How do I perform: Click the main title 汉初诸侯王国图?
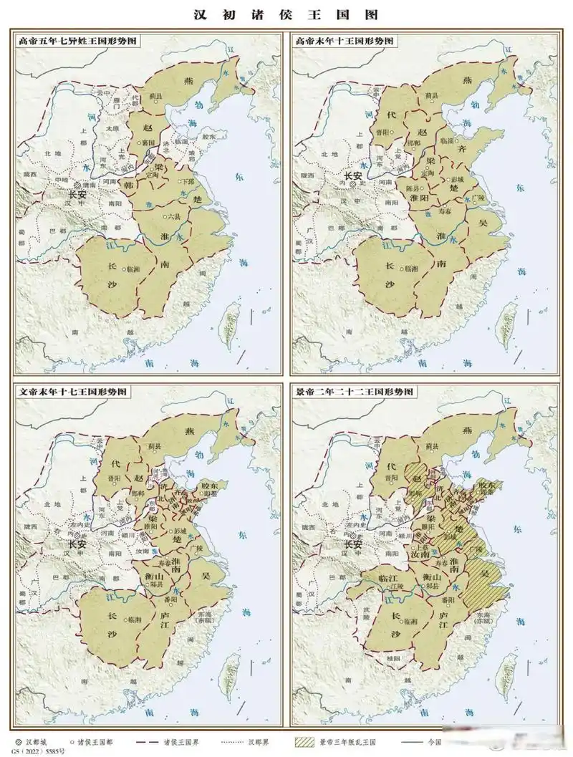286,14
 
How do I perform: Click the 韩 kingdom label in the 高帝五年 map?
130,185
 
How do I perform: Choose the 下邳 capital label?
188,182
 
